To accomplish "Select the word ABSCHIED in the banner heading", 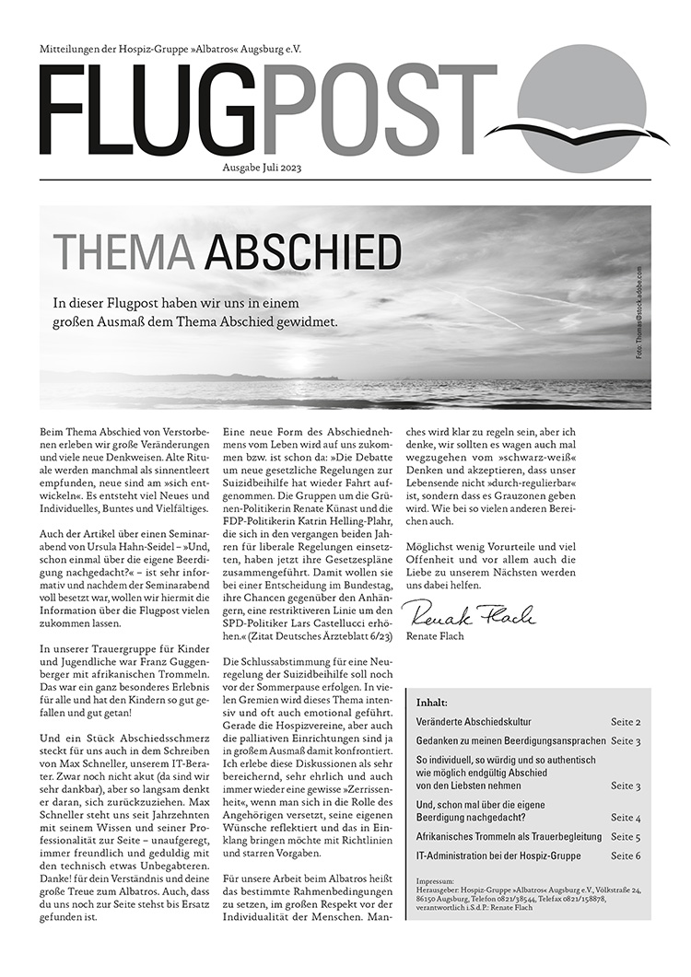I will (303, 251).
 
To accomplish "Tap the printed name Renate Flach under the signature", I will (437, 636).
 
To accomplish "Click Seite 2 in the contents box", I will (626, 723).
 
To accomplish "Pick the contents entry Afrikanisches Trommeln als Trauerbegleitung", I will (509, 837).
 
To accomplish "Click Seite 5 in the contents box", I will (626, 837).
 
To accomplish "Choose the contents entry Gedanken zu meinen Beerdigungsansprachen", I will (510, 741).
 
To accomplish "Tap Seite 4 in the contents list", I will (626, 818).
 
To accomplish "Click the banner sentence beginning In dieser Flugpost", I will (196, 312).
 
